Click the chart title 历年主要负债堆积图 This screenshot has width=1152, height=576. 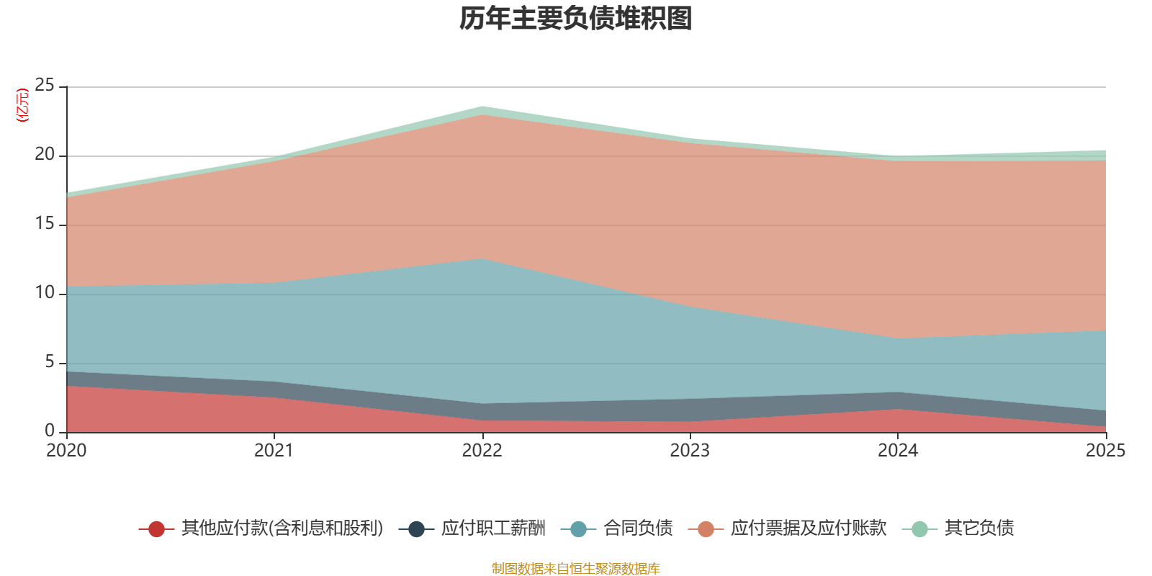(575, 19)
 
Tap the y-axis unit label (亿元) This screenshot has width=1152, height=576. (22, 105)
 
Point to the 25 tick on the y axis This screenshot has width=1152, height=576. (44, 85)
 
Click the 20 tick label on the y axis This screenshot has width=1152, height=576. (44, 154)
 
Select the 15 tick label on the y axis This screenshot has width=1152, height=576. (44, 223)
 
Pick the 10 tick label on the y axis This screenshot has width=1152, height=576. (44, 292)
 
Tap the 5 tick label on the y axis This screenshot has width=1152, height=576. (50, 361)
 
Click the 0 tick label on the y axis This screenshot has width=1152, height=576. (50, 431)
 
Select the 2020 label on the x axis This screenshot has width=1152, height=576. (66, 451)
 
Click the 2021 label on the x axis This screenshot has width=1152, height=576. (274, 451)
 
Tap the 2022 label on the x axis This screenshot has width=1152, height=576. (482, 451)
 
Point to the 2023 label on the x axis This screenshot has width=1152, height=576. (690, 451)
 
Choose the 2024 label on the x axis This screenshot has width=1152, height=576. (898, 451)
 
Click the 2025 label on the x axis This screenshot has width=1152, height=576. (1106, 451)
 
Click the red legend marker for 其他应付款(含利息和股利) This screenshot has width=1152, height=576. (156, 528)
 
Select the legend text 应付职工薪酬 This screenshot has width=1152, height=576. (493, 528)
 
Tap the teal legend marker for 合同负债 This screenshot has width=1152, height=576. (578, 528)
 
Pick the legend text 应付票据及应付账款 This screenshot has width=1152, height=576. (809, 528)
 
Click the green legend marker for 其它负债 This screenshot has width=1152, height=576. (919, 528)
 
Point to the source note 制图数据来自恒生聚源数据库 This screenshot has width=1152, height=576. (575, 568)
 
